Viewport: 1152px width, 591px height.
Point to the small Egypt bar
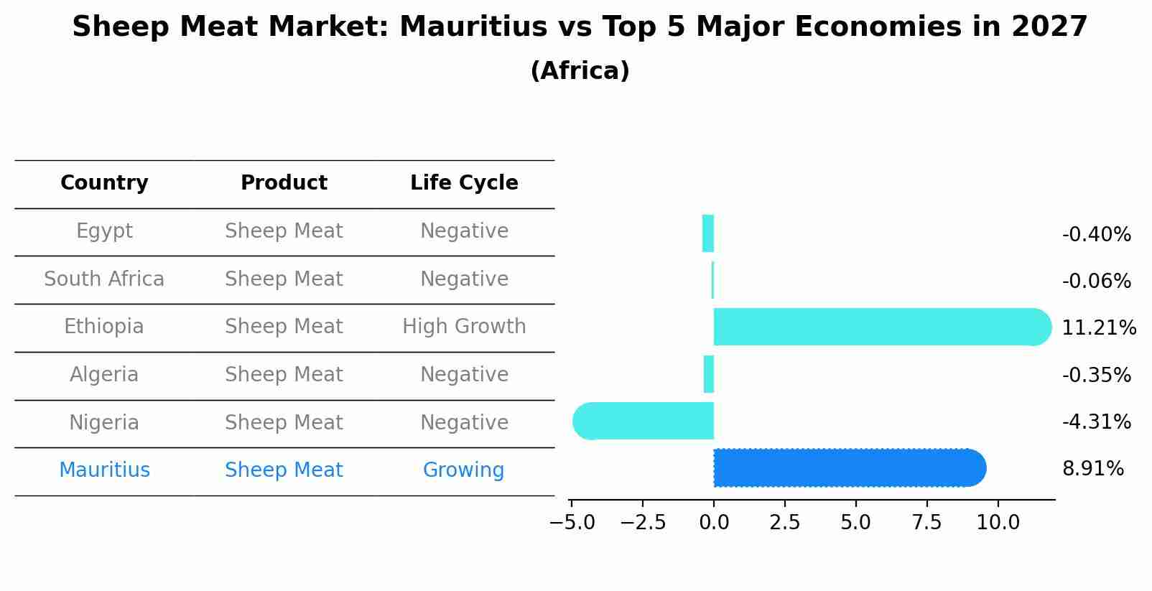[x=708, y=233]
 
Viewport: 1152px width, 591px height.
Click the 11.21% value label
[x=1098, y=328]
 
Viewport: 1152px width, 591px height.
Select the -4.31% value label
[x=1096, y=422]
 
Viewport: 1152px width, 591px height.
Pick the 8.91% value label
[x=1092, y=469]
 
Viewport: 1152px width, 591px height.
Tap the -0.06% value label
[x=1096, y=281]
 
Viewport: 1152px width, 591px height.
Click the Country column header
[x=104, y=183]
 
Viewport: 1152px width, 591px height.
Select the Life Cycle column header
[x=464, y=183]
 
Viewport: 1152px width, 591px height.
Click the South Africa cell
[x=104, y=279]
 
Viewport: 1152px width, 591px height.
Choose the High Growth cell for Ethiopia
[x=464, y=327]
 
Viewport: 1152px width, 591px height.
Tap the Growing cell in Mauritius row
[x=463, y=470]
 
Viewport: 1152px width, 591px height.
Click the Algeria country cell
[x=104, y=375]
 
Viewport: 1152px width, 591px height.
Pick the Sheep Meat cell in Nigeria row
[x=284, y=422]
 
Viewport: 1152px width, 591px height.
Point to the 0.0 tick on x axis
[x=714, y=522]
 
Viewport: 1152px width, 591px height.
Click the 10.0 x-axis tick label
[x=998, y=522]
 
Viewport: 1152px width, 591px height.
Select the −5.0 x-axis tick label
[x=572, y=522]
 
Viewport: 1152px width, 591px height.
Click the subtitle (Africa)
[x=580, y=71]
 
